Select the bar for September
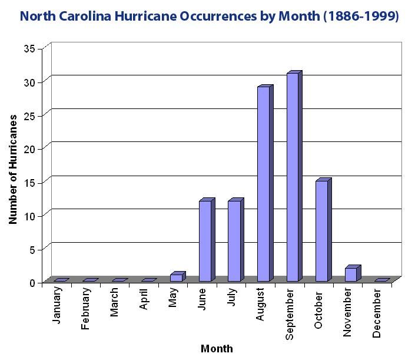[293, 177]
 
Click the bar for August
[263, 183]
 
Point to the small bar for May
[176, 278]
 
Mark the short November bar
[351, 274]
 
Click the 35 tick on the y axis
[30, 48]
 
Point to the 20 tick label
[30, 149]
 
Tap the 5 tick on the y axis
[33, 249]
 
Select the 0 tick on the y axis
[33, 283]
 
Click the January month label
[57, 305]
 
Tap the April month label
[144, 300]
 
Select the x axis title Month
[217, 349]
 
